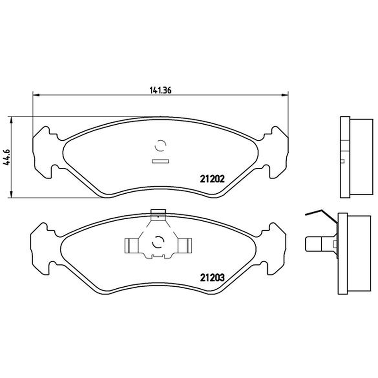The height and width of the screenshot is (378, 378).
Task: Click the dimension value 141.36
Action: pyautogui.click(x=161, y=90)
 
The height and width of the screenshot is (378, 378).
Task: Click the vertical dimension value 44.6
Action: pyautogui.click(x=7, y=157)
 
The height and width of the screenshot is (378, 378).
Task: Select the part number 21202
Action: pyautogui.click(x=212, y=179)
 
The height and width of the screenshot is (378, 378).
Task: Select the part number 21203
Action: pyautogui.click(x=212, y=278)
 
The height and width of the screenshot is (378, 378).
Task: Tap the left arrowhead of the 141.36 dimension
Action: pyautogui.click(x=36, y=95)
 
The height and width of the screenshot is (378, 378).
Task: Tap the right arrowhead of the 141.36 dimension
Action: pyautogui.click(x=285, y=95)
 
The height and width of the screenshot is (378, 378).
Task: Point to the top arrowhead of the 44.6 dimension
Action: pyautogui.click(x=11, y=120)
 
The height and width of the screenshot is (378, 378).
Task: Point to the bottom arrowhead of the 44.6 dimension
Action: pyautogui.click(x=11, y=195)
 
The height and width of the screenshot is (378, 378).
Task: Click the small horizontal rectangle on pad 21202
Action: pyautogui.click(x=160, y=161)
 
